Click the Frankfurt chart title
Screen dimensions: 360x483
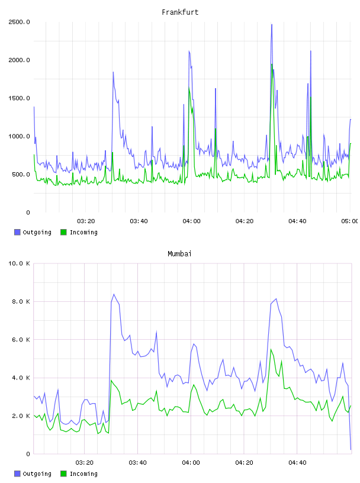point(180,12)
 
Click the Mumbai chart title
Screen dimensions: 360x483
point(179,254)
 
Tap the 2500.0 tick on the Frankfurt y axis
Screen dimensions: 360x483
point(19,22)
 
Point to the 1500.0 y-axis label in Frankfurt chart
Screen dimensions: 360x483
point(19,98)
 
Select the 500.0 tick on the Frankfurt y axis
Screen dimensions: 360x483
point(21,175)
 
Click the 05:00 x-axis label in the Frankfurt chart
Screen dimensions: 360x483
point(349,221)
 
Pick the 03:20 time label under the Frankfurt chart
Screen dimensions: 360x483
point(86,221)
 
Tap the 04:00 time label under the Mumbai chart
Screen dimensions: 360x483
point(191,463)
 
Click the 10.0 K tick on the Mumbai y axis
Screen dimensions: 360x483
point(19,263)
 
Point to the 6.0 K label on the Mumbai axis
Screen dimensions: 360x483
point(21,340)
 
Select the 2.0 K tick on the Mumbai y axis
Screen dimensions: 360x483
point(21,416)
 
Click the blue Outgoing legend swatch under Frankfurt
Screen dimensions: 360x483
point(17,232)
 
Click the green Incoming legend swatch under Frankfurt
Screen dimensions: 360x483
point(63,232)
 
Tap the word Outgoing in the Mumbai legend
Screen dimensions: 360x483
point(37,474)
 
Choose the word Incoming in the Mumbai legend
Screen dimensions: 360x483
point(83,474)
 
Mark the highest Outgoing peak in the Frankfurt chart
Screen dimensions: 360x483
point(272,25)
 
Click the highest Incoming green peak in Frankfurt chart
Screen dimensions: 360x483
point(272,65)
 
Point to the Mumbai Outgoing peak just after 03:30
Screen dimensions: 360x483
point(114,295)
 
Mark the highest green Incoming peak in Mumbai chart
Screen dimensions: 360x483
point(271,349)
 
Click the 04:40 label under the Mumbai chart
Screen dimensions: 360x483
point(297,463)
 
